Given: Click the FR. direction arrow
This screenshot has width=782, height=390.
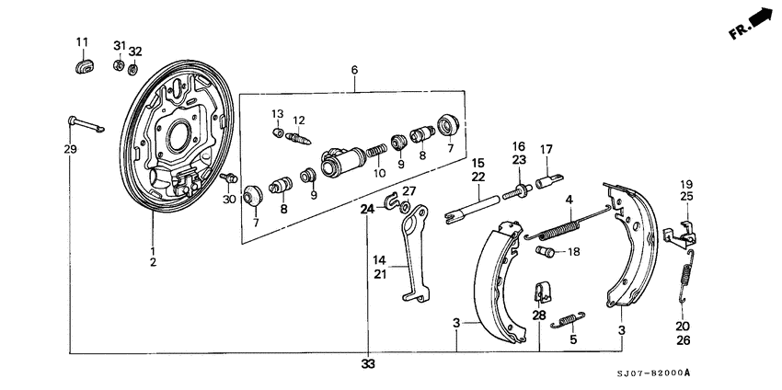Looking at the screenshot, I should pos(759,17).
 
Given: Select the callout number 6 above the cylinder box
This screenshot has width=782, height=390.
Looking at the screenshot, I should pos(355,70).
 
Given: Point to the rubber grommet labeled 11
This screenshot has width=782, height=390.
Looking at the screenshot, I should pos(82,67).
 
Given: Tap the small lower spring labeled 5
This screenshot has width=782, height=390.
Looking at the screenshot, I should pos(568,319).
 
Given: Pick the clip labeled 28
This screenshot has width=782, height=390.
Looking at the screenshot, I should pos(542,292).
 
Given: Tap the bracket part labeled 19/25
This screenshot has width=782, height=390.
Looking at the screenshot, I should pos(685,235).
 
